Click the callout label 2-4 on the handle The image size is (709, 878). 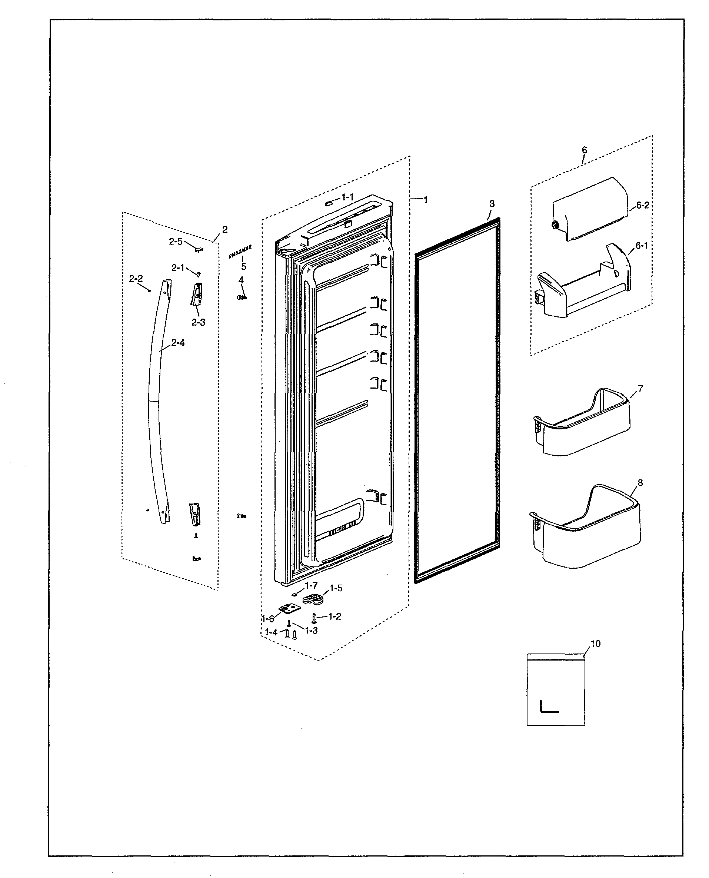(178, 343)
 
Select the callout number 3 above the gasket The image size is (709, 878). (492, 203)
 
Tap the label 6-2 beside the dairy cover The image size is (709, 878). (642, 205)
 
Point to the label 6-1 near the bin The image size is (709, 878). (642, 245)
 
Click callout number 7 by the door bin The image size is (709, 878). (640, 388)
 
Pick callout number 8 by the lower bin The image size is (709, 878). (640, 483)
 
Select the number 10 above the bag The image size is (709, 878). (595, 643)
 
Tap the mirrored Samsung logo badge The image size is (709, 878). (240, 252)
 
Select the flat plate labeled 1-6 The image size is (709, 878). (290, 609)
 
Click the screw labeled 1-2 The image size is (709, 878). (314, 618)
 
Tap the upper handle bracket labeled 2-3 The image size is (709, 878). (196, 294)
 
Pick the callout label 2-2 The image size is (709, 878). (136, 279)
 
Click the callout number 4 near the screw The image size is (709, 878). (241, 280)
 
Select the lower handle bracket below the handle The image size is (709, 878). (195, 513)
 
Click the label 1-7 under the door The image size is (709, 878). (311, 585)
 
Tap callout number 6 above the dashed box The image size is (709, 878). (584, 150)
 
